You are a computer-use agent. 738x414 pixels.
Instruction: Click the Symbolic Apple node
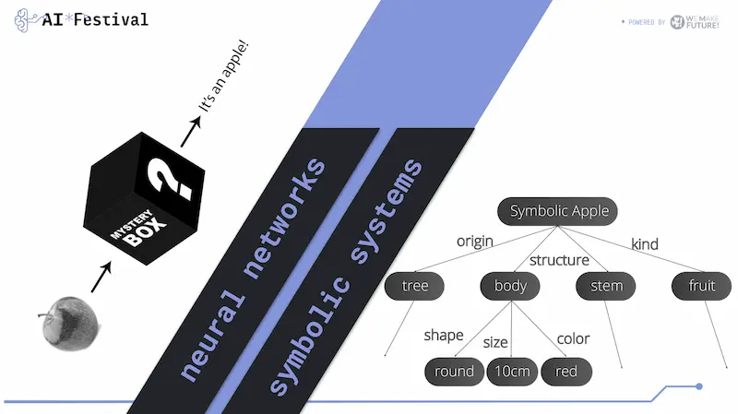[559, 211]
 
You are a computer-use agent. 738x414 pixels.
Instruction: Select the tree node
[415, 286]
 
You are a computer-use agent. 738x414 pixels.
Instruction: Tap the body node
[510, 286]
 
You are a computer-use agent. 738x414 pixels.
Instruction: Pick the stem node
[606, 286]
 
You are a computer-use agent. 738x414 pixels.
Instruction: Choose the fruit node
[701, 286]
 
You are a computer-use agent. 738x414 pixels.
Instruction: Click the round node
[454, 372]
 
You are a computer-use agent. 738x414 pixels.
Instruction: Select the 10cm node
[512, 372]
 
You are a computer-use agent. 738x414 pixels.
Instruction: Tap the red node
[566, 372]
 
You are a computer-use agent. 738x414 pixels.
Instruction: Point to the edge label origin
[475, 242]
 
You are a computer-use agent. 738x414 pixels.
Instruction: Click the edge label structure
[560, 259]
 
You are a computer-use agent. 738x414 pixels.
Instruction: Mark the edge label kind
[644, 244]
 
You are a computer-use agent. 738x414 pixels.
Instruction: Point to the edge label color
[573, 338]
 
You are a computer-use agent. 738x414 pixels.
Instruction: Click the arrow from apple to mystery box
[101, 275]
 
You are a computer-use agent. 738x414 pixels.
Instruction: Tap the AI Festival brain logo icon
[25, 20]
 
